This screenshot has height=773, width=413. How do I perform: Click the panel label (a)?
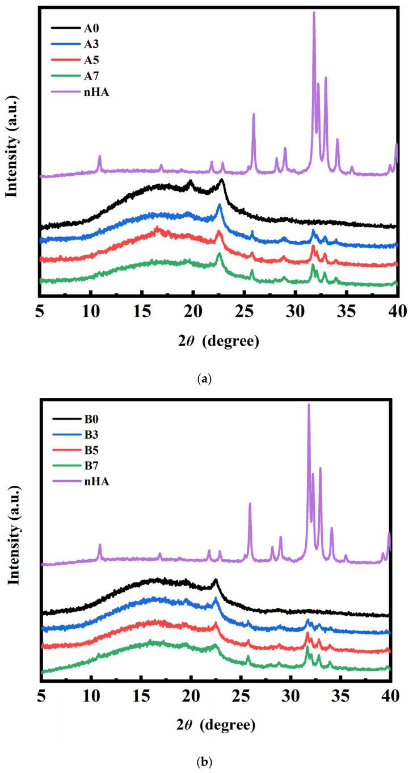[206, 379]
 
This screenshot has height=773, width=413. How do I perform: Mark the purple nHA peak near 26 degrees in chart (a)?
[254, 115]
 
